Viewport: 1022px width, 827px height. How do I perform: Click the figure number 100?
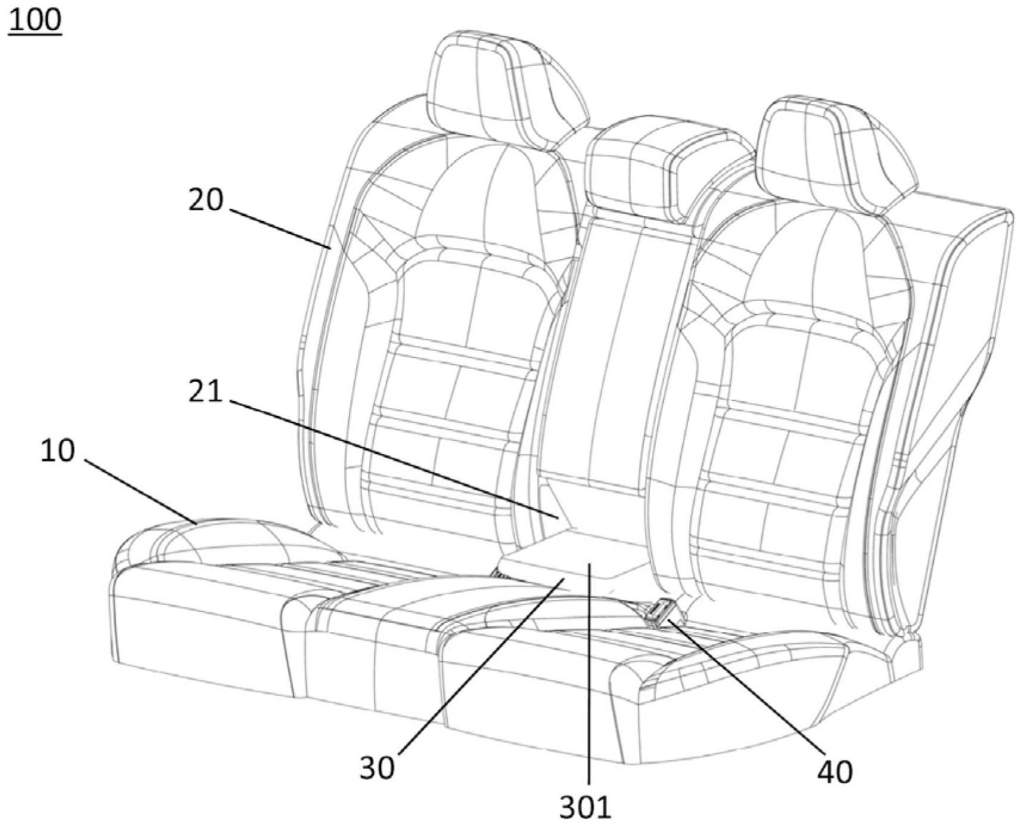(35, 19)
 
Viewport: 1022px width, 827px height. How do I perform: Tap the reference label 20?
(206, 200)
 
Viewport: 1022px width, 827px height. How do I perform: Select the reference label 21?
(205, 392)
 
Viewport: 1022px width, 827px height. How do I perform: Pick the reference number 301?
(585, 807)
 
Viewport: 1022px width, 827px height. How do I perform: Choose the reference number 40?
(834, 772)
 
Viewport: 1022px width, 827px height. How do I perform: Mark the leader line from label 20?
(279, 228)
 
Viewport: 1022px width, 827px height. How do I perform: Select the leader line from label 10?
(141, 491)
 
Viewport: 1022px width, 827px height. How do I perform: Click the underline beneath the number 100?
(35, 35)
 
